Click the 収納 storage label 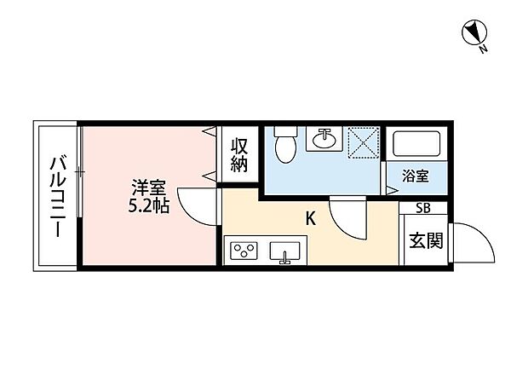click(x=239, y=154)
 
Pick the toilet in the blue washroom click(x=285, y=145)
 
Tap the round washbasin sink click(x=323, y=138)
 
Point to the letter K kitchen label click(x=312, y=218)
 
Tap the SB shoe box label click(x=422, y=207)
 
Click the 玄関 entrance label click(x=426, y=241)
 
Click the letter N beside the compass click(x=483, y=49)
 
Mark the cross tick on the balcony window click(x=79, y=173)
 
